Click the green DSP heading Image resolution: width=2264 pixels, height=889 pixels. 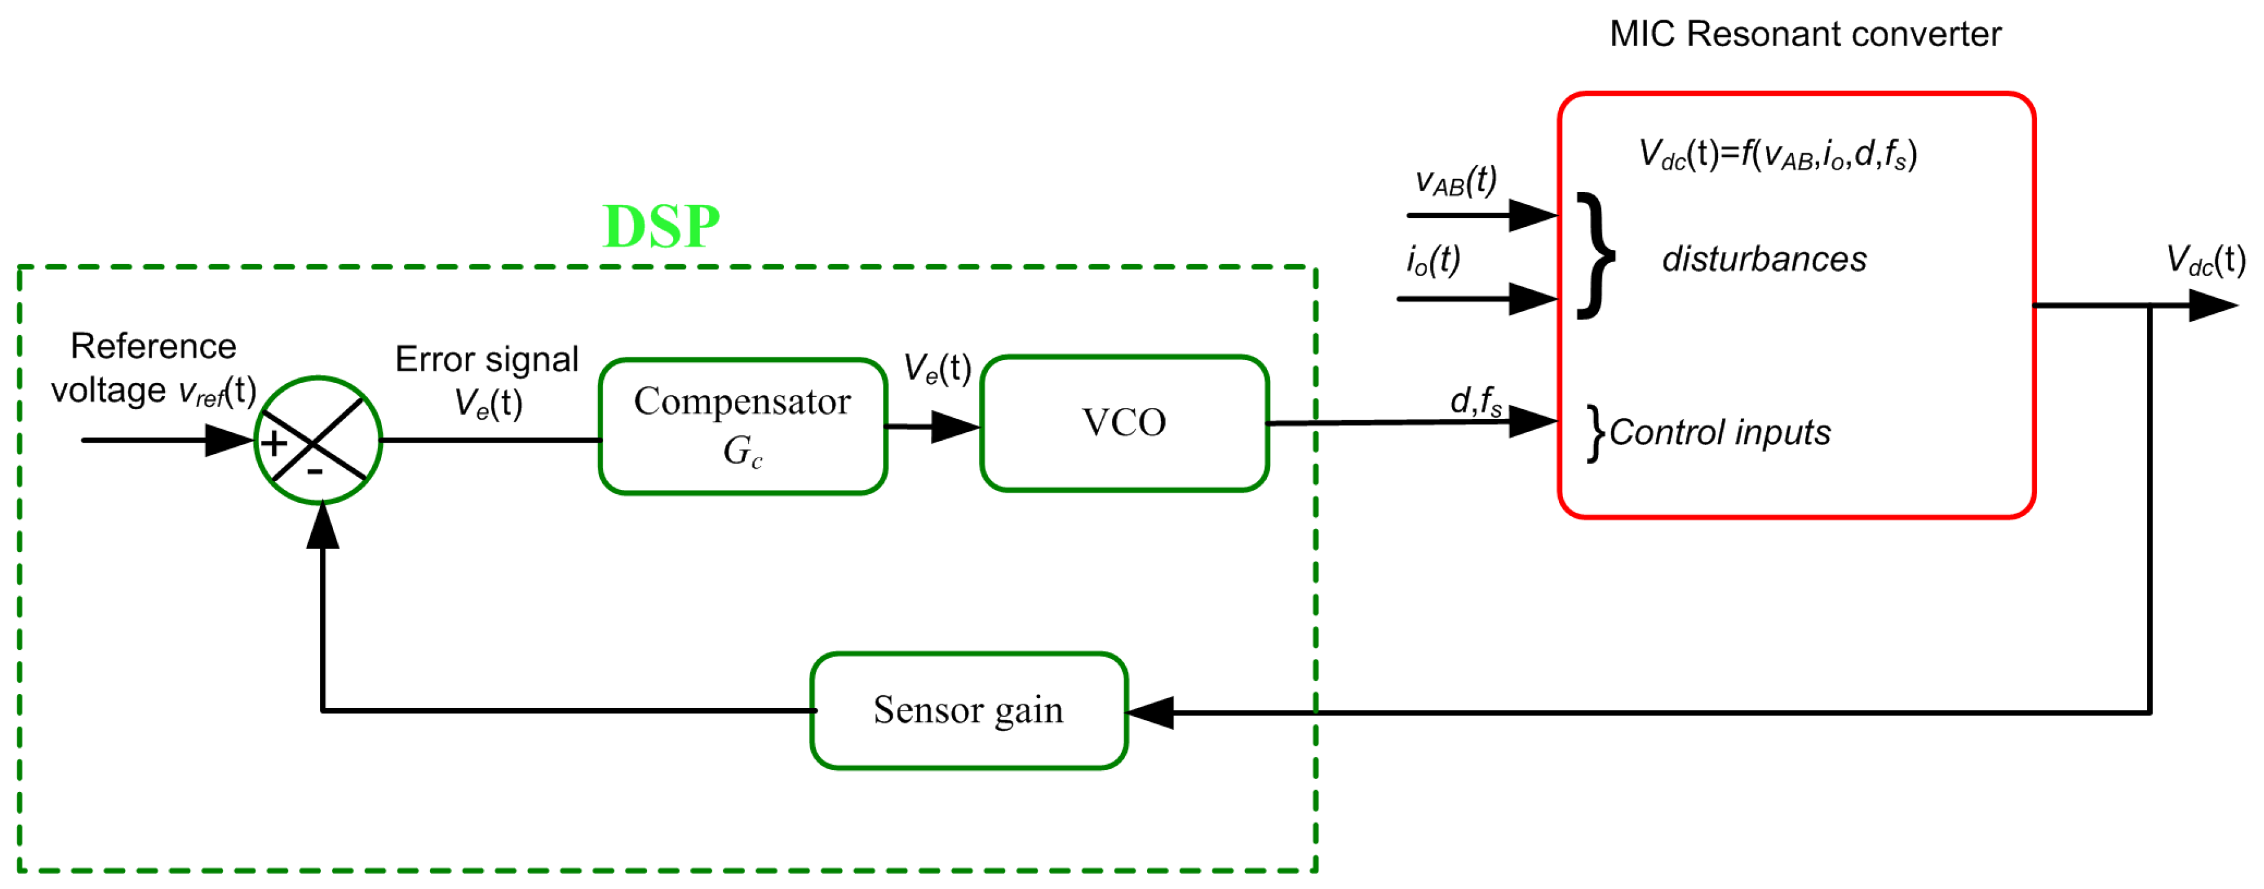pos(661,227)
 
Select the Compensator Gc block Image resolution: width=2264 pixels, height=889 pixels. pos(742,426)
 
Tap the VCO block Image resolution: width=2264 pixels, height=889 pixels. pos(1124,423)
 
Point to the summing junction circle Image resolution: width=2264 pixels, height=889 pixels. pos(318,440)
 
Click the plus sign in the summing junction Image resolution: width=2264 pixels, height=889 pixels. pos(274,443)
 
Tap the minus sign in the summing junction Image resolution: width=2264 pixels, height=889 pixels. pos(314,472)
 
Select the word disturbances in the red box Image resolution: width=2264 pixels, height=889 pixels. pos(1764,259)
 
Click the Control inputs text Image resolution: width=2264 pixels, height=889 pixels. pos(1720,433)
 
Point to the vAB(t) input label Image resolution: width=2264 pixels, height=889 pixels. pos(1456,181)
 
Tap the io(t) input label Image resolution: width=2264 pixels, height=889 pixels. pos(1433,260)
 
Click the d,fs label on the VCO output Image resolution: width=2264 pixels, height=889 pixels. pos(1476,401)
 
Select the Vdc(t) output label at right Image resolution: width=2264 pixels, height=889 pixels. pos(2205,261)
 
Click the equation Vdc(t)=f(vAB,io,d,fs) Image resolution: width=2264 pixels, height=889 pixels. pos(1777,155)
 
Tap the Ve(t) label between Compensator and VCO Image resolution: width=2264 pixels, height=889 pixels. pos(937,369)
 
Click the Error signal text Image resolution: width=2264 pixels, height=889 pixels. pos(487,360)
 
